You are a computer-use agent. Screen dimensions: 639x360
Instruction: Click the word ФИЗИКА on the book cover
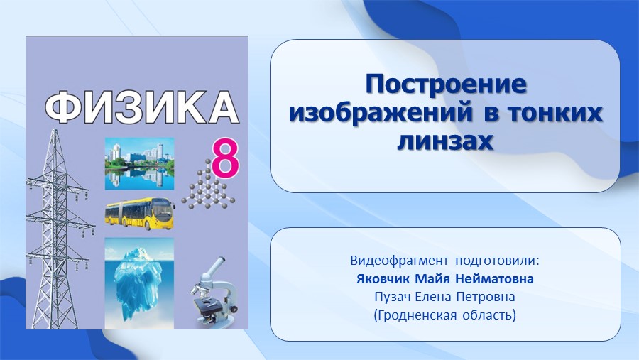(141, 107)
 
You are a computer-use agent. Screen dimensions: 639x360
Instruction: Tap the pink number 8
(225, 158)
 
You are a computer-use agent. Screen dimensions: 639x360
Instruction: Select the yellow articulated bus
(140, 214)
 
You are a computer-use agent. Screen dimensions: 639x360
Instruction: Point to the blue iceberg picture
(139, 283)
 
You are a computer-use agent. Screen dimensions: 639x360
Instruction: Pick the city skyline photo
(139, 163)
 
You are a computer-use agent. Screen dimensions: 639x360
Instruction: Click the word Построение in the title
(446, 84)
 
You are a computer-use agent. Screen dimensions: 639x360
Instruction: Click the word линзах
(445, 141)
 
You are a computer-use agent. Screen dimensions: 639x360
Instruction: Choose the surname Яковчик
(383, 279)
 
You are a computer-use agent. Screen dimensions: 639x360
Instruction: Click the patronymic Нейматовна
(494, 279)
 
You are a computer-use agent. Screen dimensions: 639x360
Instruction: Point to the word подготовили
(497, 261)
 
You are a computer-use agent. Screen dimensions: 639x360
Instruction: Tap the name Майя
(433, 279)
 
